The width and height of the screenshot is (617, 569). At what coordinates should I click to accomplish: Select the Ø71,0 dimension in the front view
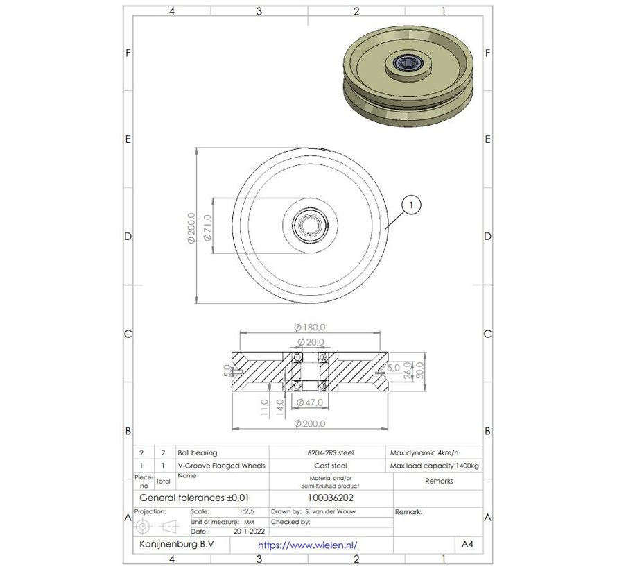tap(206, 228)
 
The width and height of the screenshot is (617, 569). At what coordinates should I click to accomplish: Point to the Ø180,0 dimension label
tap(310, 327)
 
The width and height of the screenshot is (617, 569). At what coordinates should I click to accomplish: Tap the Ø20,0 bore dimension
tap(310, 342)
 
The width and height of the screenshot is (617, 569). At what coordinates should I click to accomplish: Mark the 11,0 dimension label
tap(264, 405)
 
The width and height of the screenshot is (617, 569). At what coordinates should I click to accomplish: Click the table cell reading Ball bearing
tap(198, 452)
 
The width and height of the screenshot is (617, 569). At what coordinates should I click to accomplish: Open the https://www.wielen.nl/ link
tap(311, 545)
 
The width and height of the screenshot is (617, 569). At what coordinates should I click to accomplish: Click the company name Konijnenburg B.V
tap(177, 545)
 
